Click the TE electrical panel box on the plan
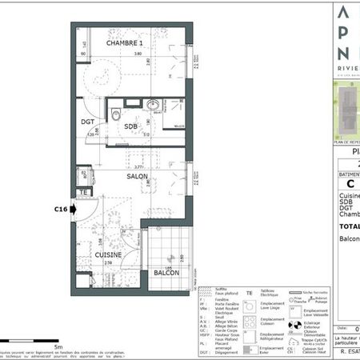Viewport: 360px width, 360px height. click(82, 193)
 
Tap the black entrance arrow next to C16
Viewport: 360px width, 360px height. click(74, 210)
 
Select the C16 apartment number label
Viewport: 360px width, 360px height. click(60, 210)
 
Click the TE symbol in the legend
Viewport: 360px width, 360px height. click(250, 294)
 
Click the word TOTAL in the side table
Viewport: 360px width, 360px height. click(347, 226)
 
